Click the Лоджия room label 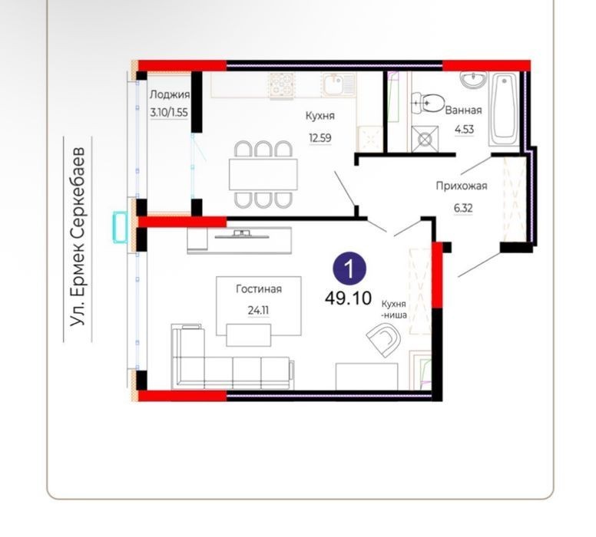coord(170,95)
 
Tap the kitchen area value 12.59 coord(320,137)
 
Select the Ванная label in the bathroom coord(463,110)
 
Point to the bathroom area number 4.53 coord(464,129)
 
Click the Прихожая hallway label coord(462,186)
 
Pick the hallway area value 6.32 coord(463,208)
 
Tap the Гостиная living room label coord(259,289)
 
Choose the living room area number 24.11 coord(259,310)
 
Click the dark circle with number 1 coord(349,268)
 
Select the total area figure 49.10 coord(348,298)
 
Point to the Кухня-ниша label coord(394,309)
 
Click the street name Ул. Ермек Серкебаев coord(78,236)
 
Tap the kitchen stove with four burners coord(282,86)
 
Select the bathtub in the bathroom coord(504,109)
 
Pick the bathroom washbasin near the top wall coord(473,79)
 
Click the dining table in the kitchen coord(263,174)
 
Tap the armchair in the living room coord(384,340)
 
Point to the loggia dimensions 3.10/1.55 coord(169,113)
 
